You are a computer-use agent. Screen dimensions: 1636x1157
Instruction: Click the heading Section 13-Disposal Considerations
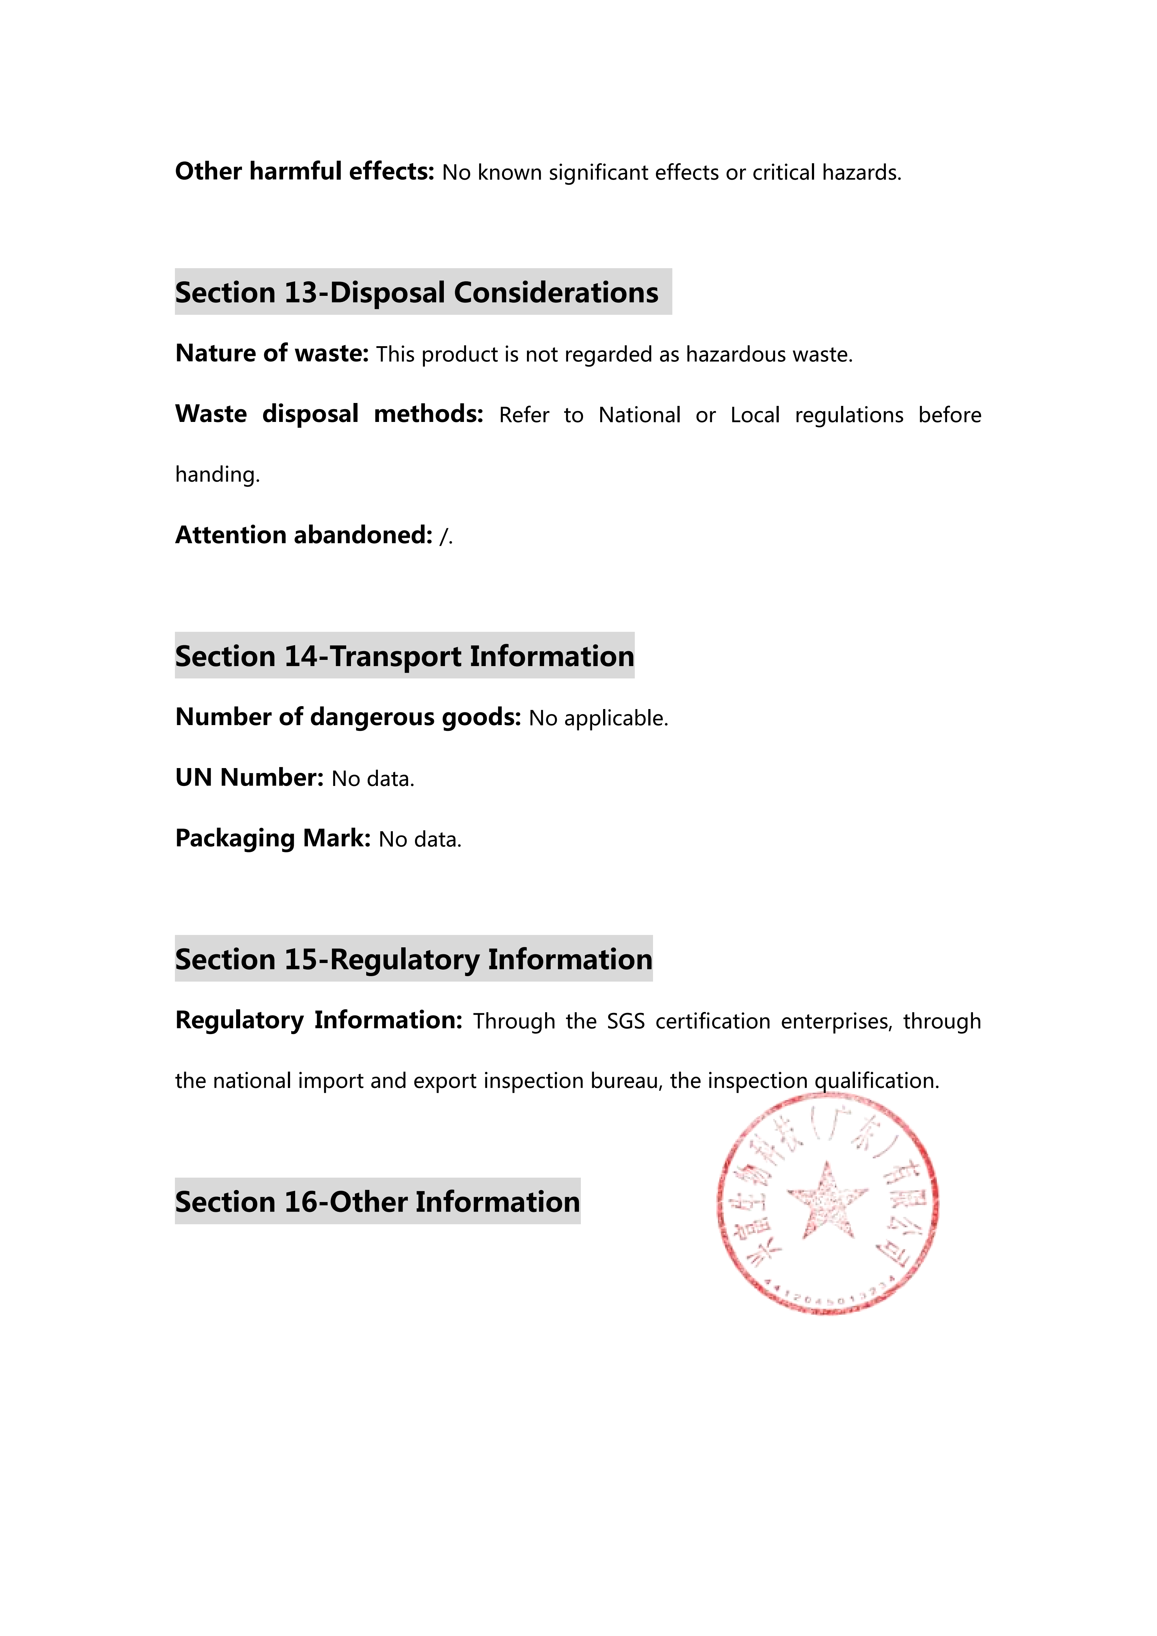pos(417,292)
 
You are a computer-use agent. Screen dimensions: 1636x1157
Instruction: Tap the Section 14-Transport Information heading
pos(404,655)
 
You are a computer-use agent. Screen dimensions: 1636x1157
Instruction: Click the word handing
pos(217,474)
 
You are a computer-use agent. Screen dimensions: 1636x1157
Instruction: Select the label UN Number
pos(249,778)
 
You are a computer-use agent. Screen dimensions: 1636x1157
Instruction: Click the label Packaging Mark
pos(273,838)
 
